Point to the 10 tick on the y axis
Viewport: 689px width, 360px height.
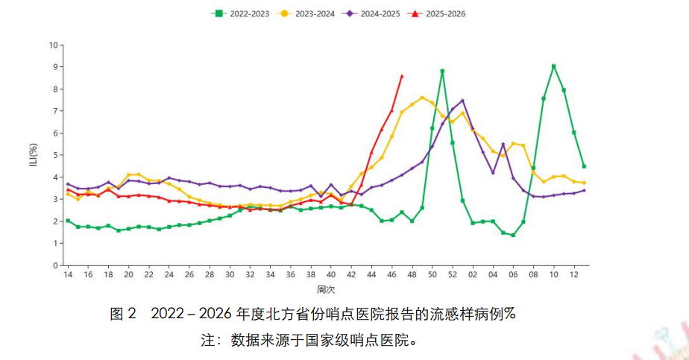(52, 45)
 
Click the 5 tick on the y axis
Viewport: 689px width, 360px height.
(54, 155)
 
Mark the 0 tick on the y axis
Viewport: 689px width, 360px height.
(54, 265)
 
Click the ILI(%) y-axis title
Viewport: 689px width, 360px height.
(34, 155)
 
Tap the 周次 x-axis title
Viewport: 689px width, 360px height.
(325, 289)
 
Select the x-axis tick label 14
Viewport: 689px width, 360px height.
(68, 275)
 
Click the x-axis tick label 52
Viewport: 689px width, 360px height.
(453, 275)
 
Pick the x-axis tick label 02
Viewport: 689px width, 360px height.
(473, 275)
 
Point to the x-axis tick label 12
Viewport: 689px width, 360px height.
(574, 275)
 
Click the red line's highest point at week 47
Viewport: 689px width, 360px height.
(402, 76)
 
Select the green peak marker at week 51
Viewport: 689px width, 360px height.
(442, 72)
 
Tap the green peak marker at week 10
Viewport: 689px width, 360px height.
(553, 66)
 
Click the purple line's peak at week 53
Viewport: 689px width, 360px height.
(462, 101)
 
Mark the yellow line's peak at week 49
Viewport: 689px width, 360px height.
(422, 98)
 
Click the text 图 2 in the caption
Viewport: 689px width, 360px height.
(123, 314)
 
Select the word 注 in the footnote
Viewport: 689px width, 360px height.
(208, 341)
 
